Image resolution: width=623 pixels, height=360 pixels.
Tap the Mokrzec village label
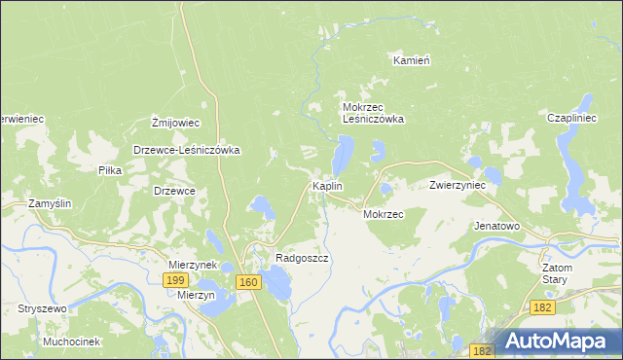tap(383, 214)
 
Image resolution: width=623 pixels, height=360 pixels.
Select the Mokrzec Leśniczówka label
tap(372, 113)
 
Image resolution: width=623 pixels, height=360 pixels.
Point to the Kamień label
tap(412, 60)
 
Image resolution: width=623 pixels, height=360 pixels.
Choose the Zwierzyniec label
tap(458, 185)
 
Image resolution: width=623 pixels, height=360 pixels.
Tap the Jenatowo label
tap(496, 226)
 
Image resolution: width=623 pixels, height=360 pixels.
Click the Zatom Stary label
tap(558, 272)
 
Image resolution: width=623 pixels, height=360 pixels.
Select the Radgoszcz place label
tap(302, 259)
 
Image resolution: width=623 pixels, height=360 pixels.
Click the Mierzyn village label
tap(196, 297)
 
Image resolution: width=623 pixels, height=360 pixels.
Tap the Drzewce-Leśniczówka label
tap(186, 151)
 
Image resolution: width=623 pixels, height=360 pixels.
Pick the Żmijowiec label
tap(175, 124)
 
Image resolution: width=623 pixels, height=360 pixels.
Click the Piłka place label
tap(109, 170)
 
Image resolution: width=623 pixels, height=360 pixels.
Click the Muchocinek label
tap(72, 342)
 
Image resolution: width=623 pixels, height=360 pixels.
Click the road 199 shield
tap(175, 280)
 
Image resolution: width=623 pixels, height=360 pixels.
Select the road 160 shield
tap(248, 282)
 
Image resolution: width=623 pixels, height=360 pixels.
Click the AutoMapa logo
tap(560, 342)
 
